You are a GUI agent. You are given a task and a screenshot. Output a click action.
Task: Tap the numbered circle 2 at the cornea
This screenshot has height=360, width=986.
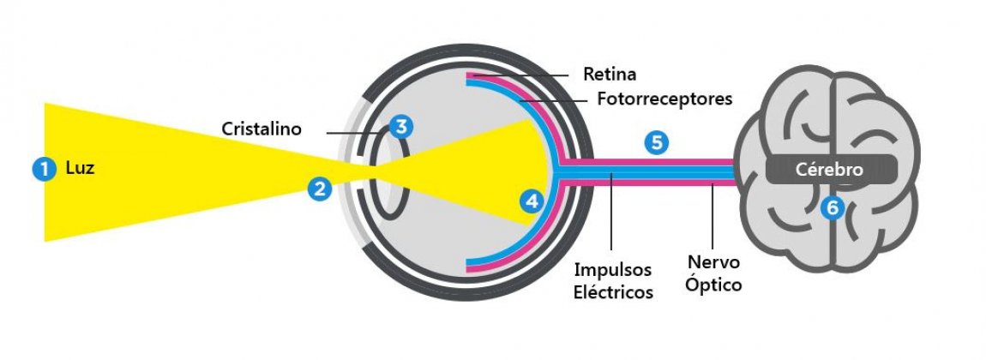(321, 189)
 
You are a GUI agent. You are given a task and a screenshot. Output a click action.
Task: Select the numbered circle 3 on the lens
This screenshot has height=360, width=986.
(399, 127)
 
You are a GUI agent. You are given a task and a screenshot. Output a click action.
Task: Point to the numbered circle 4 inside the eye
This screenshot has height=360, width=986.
(532, 201)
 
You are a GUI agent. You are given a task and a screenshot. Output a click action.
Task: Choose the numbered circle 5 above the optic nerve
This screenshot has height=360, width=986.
(656, 143)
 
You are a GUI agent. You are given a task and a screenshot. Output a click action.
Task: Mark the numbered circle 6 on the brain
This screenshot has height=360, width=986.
(830, 207)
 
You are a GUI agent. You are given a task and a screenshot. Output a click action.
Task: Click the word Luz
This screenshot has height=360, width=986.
(80, 169)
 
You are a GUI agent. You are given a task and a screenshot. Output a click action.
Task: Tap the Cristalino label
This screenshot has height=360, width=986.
(262, 129)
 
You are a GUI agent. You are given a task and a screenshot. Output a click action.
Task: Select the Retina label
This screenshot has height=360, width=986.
(610, 74)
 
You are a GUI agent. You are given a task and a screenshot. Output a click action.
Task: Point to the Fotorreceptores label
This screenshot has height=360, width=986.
(664, 99)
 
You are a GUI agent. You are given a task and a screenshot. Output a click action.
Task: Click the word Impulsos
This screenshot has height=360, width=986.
(612, 269)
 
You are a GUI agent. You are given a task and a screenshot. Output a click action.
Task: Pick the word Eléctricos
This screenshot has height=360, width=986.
(614, 292)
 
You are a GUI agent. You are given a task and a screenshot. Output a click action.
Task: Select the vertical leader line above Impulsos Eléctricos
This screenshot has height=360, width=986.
(610, 214)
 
